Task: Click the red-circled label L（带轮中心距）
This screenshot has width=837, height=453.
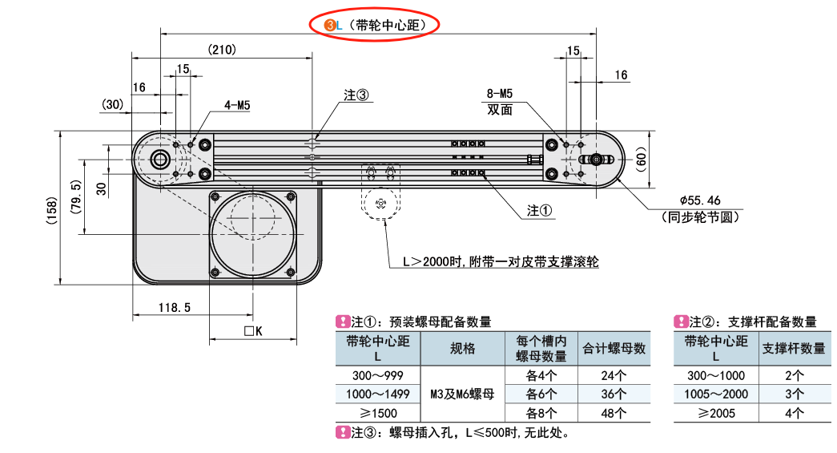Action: [376, 25]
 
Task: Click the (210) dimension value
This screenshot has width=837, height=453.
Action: [221, 50]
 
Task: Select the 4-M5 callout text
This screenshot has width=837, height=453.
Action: [238, 105]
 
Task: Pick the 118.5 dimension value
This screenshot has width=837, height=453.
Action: [174, 307]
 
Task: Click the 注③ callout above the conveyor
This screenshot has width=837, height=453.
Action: [356, 95]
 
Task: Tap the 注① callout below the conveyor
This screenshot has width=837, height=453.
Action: [540, 210]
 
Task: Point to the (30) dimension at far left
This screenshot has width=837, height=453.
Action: [113, 104]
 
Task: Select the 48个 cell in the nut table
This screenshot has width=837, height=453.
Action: [614, 414]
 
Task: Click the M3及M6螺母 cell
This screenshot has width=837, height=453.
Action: [462, 394]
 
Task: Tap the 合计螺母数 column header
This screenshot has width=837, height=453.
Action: [614, 349]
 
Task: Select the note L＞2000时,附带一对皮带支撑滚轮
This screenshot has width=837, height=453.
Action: [501, 261]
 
